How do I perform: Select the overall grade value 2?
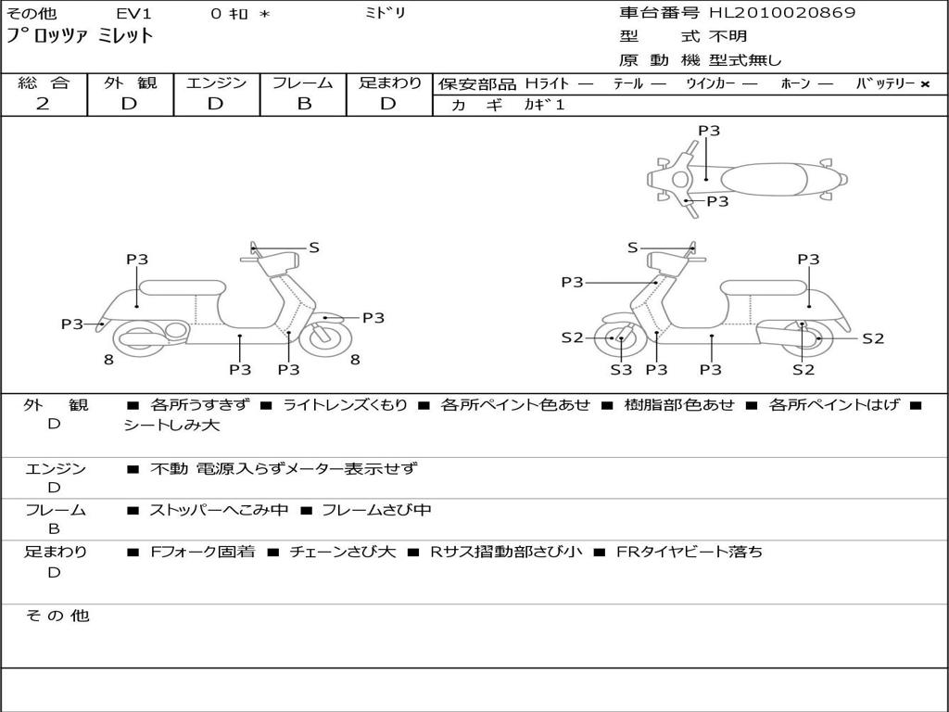tap(43, 104)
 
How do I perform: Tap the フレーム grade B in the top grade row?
tap(304, 104)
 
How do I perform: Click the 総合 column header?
tap(44, 83)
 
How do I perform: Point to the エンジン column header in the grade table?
tap(216, 83)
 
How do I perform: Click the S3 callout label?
tap(621, 369)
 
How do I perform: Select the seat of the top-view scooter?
tap(764, 179)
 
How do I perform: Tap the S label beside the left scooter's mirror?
tap(313, 247)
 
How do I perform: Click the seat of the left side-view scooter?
tap(183, 287)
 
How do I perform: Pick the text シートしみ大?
tap(171, 425)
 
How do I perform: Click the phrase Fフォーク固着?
tap(202, 552)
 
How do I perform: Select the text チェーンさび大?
tap(342, 552)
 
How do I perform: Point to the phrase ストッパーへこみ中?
tap(219, 510)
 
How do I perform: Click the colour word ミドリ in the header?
tap(385, 13)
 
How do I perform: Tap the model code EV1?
tap(133, 13)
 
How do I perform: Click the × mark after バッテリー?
tap(925, 84)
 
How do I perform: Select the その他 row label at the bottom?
tap(57, 616)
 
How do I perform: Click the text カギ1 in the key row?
tap(544, 105)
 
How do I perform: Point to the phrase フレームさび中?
tap(376, 510)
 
